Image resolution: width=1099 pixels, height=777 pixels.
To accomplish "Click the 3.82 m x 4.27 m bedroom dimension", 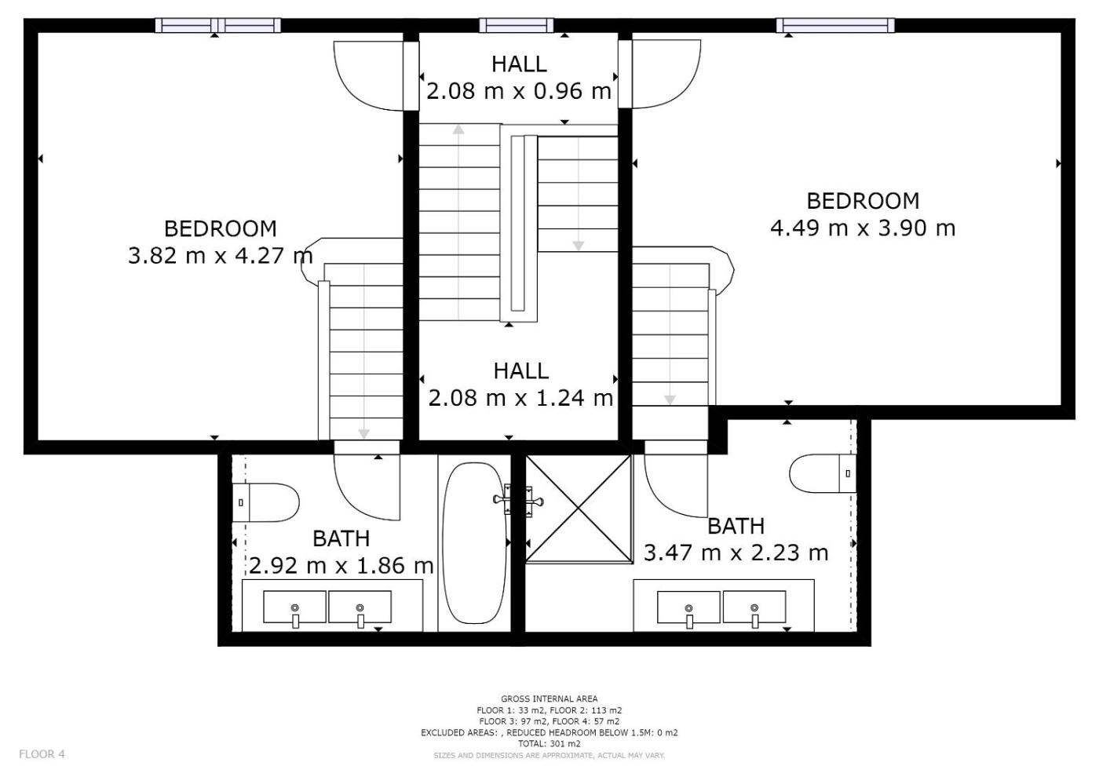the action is click(x=221, y=256).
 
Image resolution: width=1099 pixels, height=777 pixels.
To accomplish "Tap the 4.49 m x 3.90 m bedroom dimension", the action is click(x=863, y=228).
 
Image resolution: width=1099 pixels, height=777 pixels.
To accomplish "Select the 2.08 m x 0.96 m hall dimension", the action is click(x=519, y=91).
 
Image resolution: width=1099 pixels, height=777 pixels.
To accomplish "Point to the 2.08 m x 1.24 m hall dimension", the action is click(x=520, y=398).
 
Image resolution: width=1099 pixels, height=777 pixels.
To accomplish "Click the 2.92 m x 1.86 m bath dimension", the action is click(x=341, y=566).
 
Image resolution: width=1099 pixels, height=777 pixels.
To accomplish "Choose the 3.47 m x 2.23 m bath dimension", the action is click(x=736, y=553).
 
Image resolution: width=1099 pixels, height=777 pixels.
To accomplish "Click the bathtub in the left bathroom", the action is click(x=474, y=543).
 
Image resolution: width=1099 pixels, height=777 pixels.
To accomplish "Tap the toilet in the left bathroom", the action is click(x=265, y=503).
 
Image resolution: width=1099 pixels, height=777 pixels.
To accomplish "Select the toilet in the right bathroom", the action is click(x=823, y=473).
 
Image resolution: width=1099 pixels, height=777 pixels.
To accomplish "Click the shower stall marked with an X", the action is click(x=579, y=509).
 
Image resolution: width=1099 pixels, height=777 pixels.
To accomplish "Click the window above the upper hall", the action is click(x=517, y=25).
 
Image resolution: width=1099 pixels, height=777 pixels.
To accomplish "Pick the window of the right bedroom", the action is click(x=835, y=25).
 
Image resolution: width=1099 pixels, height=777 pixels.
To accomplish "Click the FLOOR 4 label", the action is click(x=42, y=754).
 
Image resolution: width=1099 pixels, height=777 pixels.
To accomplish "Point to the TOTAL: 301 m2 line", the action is click(x=549, y=744).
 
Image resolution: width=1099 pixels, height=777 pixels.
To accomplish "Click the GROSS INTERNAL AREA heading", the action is click(x=549, y=699).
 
